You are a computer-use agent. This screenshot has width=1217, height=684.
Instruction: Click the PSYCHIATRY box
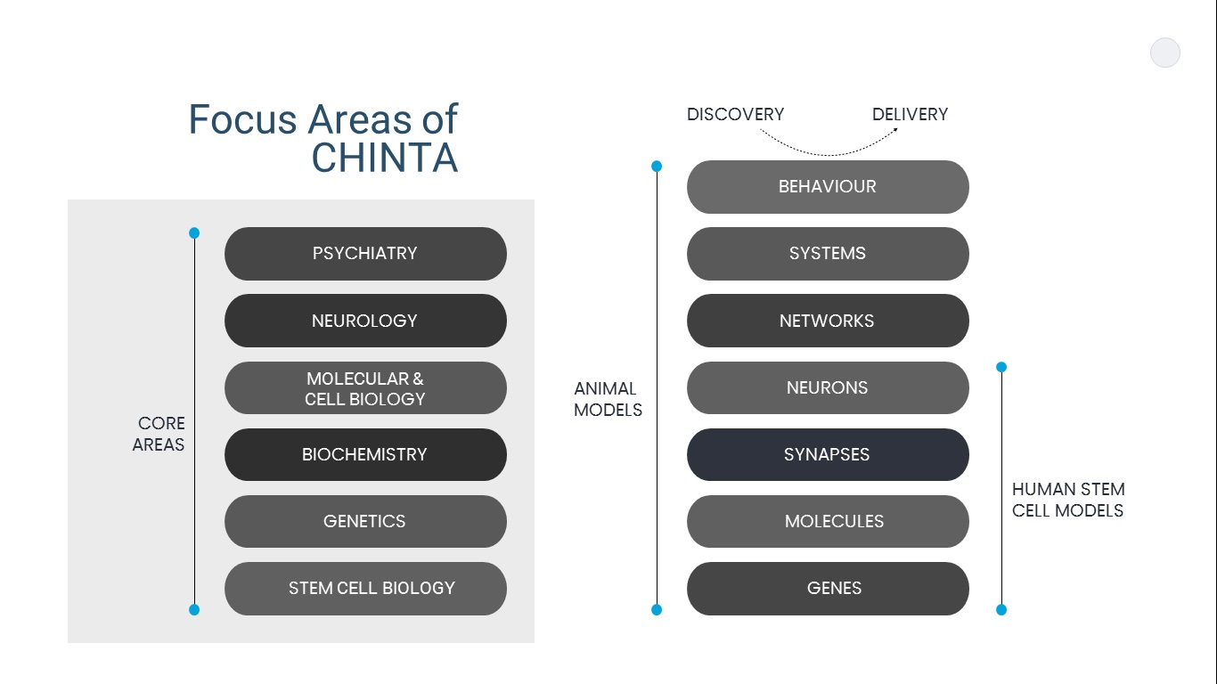[365, 254]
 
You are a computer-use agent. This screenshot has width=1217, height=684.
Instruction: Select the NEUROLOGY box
[365, 321]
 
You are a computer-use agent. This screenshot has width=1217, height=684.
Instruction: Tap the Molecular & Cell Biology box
[365, 388]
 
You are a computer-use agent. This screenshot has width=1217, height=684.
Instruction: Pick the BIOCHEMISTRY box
[365, 455]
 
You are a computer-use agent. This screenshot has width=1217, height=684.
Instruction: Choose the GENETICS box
[365, 522]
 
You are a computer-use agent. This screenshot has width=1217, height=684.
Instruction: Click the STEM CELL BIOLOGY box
[365, 589]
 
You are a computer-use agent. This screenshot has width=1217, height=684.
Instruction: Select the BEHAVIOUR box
[828, 187]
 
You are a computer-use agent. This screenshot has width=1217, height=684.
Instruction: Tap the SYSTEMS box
[828, 254]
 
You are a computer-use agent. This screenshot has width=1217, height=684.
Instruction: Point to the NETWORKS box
[828, 321]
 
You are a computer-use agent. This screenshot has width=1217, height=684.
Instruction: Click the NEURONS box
[828, 388]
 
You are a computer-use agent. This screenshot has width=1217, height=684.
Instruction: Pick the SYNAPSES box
[828, 455]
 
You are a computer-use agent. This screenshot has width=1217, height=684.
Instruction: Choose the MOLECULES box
[828, 522]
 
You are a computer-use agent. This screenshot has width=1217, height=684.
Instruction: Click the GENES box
[828, 589]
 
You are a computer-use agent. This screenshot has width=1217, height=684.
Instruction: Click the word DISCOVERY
[735, 115]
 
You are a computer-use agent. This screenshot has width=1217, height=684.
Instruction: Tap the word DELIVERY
[910, 115]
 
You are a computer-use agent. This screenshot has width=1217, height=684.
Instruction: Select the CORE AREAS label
[159, 434]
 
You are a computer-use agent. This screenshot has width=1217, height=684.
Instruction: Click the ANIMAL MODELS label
[608, 399]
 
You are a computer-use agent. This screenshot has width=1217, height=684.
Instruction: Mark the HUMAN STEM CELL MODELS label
[1067, 500]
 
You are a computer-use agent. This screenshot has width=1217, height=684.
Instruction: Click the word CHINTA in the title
[384, 158]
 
